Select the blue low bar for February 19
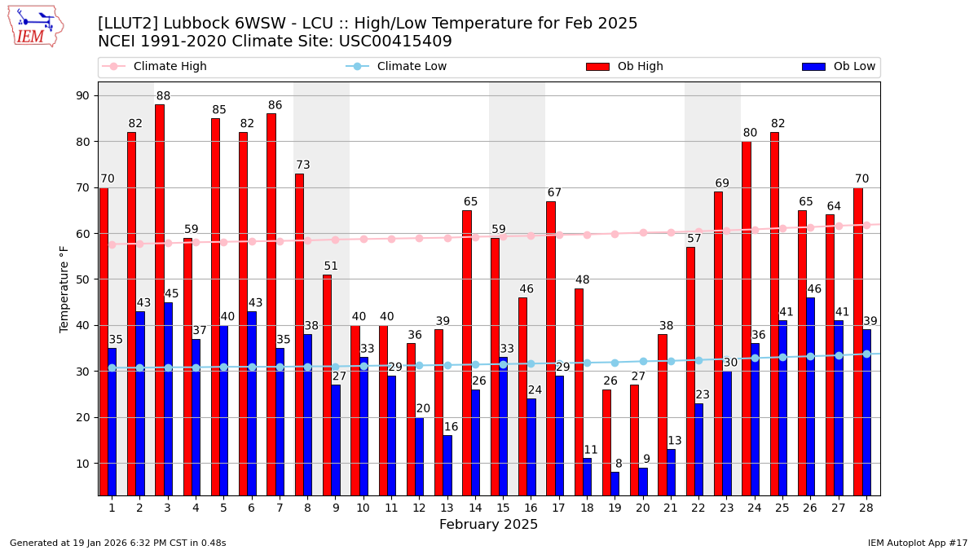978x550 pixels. (x=615, y=483)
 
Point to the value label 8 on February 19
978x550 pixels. (x=619, y=464)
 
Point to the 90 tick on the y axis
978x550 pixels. (x=82, y=95)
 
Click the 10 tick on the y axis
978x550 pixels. (x=82, y=464)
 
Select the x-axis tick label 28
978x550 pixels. (x=866, y=508)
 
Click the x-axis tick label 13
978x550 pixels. (x=447, y=508)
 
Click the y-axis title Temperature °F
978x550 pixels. (x=64, y=288)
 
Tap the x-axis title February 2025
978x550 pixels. (x=488, y=525)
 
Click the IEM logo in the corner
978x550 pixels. (x=36, y=26)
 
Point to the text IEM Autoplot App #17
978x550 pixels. (x=918, y=543)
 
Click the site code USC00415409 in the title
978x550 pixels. (x=395, y=42)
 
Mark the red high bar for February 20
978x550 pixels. (x=634, y=440)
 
